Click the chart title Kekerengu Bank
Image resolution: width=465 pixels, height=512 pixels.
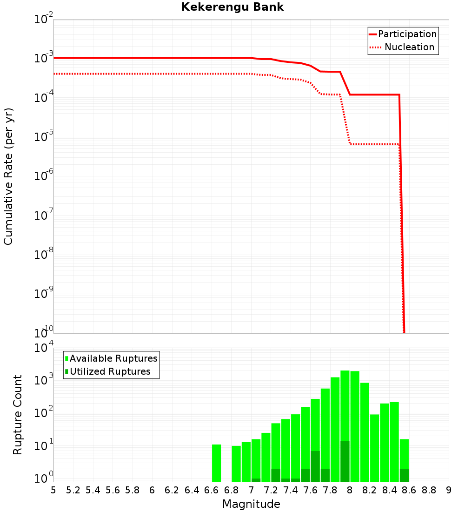pyautogui.click(x=232, y=7)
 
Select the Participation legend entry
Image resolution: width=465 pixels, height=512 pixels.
pyautogui.click(x=407, y=34)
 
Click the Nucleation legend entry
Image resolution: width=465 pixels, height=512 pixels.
pyautogui.click(x=409, y=47)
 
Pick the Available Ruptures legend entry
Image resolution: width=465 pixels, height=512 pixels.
pyautogui.click(x=113, y=358)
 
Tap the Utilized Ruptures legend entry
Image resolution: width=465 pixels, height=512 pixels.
pyautogui.click(x=110, y=371)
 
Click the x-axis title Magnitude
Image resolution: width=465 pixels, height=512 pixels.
pyautogui.click(x=251, y=504)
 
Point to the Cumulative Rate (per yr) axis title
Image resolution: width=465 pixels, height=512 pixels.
pyautogui.click(x=8, y=176)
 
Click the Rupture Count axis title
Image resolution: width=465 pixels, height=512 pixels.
pyautogui.click(x=18, y=415)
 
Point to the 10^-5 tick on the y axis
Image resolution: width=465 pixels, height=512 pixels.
pyautogui.click(x=44, y=137)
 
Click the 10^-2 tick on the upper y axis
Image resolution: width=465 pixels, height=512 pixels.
pyautogui.click(x=44, y=20)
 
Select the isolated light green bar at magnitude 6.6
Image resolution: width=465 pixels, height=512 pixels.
pyautogui.click(x=216, y=463)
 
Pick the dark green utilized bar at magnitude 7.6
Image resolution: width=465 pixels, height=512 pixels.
pyautogui.click(x=315, y=466)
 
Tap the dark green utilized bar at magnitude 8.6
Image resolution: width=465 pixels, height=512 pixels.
pyautogui.click(x=404, y=475)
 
